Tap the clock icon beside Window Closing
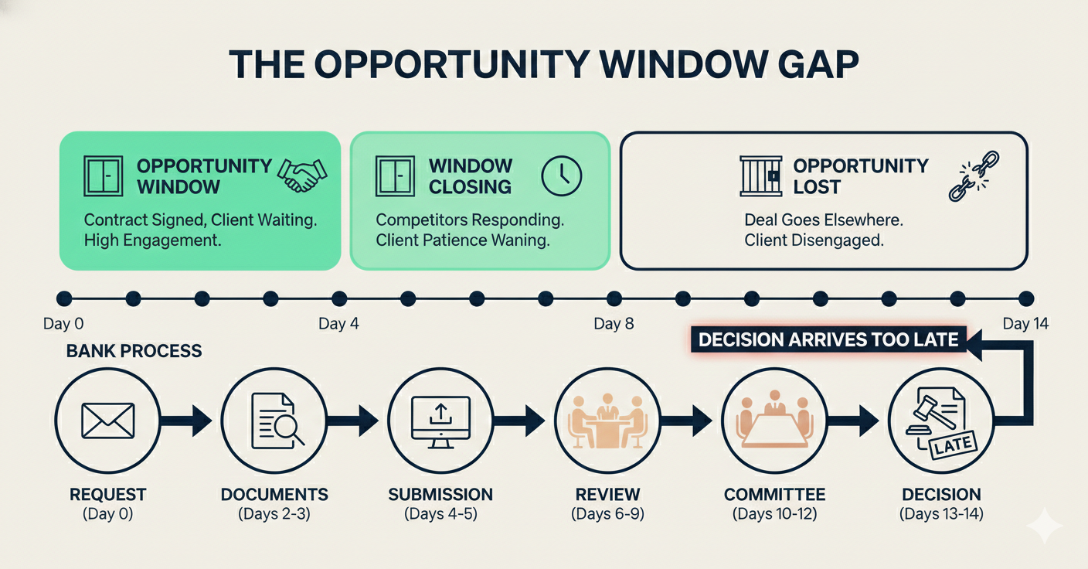pyautogui.click(x=560, y=175)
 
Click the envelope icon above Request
pyautogui.click(x=107, y=421)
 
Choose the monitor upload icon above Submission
pyautogui.click(x=440, y=421)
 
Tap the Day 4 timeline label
pyautogui.click(x=338, y=324)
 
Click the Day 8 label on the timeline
pyautogui.click(x=614, y=324)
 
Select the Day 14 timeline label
pyautogui.click(x=1025, y=324)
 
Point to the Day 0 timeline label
pyautogui.click(x=63, y=324)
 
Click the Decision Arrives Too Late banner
pyautogui.click(x=828, y=339)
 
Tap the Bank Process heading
pyautogui.click(x=134, y=351)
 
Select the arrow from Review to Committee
pyautogui.click(x=690, y=421)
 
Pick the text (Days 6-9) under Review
pyautogui.click(x=607, y=513)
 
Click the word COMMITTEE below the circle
pyautogui.click(x=774, y=495)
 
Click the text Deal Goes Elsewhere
pyautogui.click(x=824, y=220)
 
